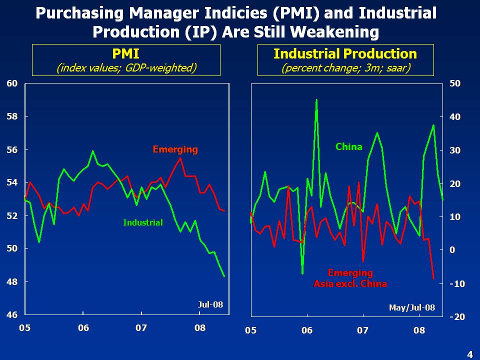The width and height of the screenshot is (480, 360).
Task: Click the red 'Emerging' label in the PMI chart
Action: (175, 149)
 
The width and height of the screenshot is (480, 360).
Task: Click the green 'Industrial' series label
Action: (143, 222)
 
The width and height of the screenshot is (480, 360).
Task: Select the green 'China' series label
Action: (348, 146)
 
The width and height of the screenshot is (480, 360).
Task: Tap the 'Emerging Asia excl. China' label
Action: (350, 278)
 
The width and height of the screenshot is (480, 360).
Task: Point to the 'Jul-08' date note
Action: (210, 304)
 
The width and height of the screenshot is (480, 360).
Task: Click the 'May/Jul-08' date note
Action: (412, 307)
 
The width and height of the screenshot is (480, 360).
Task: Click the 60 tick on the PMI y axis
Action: (11, 83)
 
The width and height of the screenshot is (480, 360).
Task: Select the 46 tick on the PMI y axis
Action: (11, 315)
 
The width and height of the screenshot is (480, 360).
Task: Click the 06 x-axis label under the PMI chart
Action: (83, 328)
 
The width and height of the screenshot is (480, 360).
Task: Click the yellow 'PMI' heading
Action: (125, 53)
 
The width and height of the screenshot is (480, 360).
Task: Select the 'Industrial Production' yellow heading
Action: (345, 53)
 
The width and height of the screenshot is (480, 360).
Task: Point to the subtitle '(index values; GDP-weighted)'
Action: (126, 67)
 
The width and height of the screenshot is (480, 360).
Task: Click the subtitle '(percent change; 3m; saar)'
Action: (345, 67)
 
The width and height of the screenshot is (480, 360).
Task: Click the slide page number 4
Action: (469, 354)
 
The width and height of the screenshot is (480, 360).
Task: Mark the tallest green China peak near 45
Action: (316, 100)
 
